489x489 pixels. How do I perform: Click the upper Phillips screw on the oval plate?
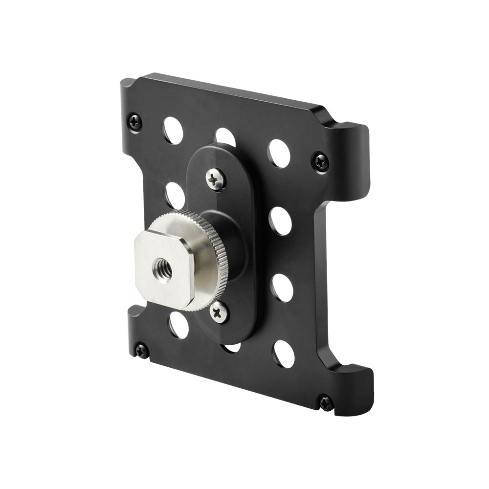pyautogui.click(x=216, y=179)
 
